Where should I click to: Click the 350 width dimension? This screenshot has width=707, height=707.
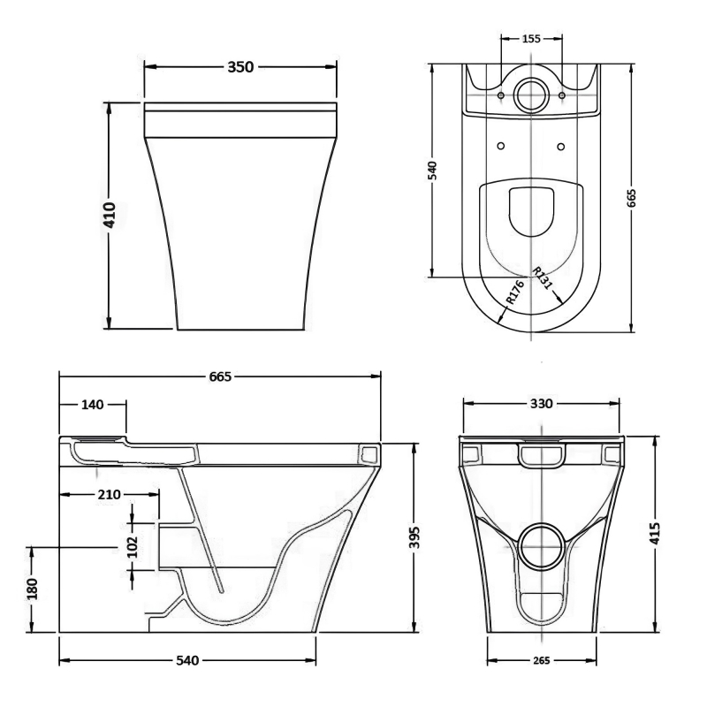click(x=240, y=67)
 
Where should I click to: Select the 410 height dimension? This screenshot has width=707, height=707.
click(x=110, y=216)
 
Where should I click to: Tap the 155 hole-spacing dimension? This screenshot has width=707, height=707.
click(x=530, y=39)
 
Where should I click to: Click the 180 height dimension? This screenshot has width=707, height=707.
click(x=33, y=589)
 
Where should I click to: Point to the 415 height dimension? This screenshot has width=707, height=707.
click(x=656, y=533)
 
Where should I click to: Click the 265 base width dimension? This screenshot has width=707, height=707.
click(x=543, y=660)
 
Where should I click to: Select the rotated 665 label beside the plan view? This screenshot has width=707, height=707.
click(x=631, y=198)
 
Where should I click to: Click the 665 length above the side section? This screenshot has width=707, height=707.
click(x=219, y=377)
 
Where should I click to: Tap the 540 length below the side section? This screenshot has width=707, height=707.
click(x=186, y=660)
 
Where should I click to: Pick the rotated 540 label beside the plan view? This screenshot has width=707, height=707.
click(x=433, y=169)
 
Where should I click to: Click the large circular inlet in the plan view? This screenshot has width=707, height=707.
click(x=530, y=95)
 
